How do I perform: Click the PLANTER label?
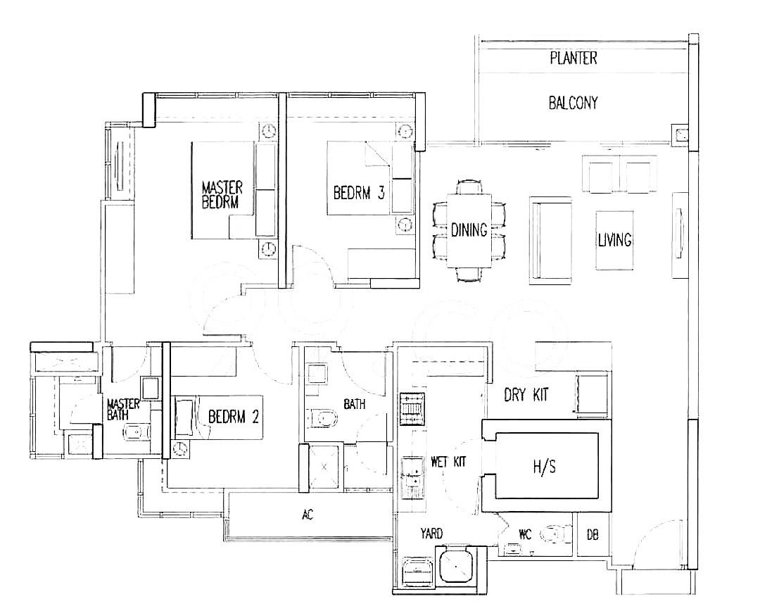click(x=573, y=58)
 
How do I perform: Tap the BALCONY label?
click(x=573, y=103)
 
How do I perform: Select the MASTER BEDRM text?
click(x=222, y=195)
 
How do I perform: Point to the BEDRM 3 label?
click(x=359, y=194)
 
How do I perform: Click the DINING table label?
click(x=469, y=230)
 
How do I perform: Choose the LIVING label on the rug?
click(x=614, y=240)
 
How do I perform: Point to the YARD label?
click(x=431, y=534)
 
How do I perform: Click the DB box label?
click(x=593, y=536)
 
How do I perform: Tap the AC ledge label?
click(x=308, y=515)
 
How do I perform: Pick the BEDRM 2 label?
click(x=234, y=417)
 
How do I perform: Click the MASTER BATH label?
click(x=123, y=410)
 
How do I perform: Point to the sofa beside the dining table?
click(x=551, y=240)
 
